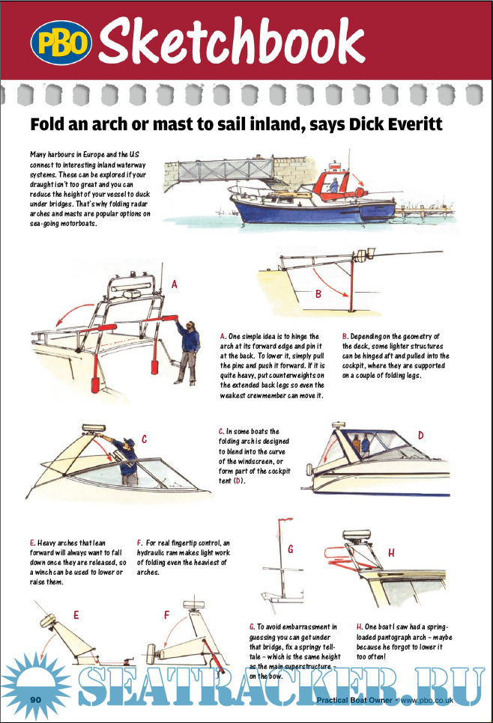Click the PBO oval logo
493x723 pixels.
(x=61, y=44)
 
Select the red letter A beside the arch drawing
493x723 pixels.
(x=175, y=284)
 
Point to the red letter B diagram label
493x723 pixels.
(x=318, y=294)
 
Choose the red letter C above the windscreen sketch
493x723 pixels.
(x=144, y=441)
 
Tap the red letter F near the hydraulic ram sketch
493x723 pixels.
(x=166, y=614)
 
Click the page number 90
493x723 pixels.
(x=35, y=698)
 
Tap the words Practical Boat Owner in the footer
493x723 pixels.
(x=354, y=701)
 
